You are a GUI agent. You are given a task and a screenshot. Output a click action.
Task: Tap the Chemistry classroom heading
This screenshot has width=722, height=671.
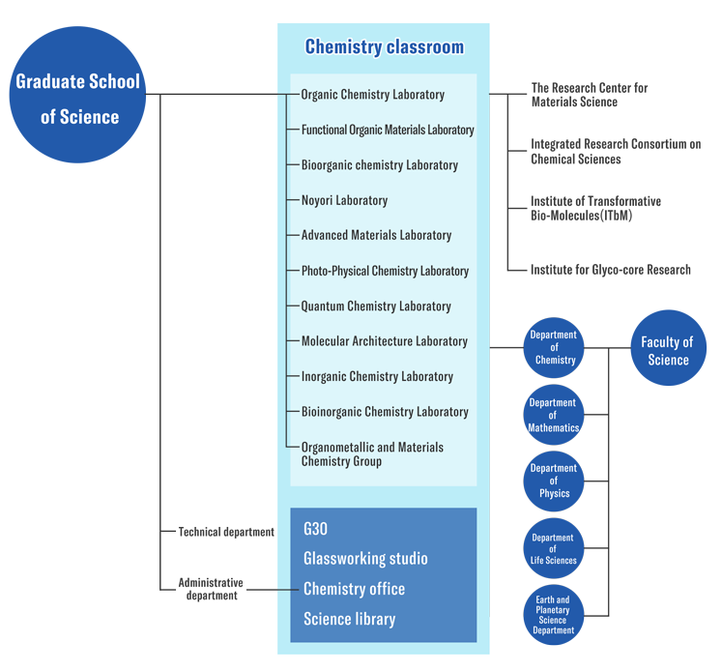tap(384, 47)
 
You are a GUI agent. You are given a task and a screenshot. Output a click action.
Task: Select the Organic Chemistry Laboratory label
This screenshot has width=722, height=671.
tap(372, 95)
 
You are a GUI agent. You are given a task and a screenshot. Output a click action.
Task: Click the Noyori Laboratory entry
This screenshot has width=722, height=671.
tap(344, 200)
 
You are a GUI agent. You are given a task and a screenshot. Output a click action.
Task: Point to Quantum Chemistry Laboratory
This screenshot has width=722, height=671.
tap(376, 306)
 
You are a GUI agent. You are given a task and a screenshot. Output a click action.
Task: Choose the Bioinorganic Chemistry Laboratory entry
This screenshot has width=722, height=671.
tap(385, 412)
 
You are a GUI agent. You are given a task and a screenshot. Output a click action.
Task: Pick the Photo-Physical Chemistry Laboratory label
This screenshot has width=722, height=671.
tap(385, 271)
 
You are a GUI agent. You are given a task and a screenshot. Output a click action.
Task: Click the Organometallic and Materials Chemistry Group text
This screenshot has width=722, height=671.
tap(372, 454)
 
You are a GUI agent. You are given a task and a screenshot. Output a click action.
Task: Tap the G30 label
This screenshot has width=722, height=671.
tap(315, 529)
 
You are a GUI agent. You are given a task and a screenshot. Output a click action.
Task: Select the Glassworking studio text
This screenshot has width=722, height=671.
tap(365, 559)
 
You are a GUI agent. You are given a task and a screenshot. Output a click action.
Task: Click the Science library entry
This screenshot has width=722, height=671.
tap(349, 619)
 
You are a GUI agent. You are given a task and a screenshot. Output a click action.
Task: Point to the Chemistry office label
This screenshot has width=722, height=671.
tap(354, 589)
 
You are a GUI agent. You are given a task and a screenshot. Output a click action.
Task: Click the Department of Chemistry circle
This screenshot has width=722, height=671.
tap(554, 347)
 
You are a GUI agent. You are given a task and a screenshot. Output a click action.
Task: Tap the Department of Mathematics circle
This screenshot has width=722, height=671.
tap(554, 415)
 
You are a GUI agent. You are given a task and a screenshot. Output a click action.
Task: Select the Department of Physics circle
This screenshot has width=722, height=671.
tap(554, 481)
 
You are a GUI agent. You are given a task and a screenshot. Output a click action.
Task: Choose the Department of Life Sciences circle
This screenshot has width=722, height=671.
tap(554, 548)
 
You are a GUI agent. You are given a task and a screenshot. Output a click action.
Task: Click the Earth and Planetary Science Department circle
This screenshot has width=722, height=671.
tap(554, 615)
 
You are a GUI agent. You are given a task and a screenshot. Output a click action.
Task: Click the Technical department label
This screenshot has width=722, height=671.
tap(226, 533)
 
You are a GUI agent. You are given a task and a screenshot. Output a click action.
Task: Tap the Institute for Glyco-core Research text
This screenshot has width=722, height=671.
tap(611, 270)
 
